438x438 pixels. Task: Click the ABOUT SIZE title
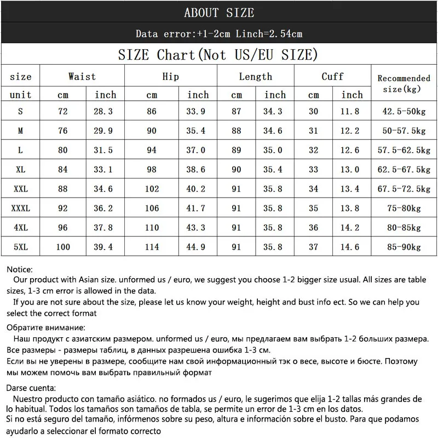[219, 13]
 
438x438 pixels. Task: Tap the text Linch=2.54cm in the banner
[269, 34]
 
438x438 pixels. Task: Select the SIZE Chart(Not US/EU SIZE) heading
[218, 55]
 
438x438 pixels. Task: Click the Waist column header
[82, 77]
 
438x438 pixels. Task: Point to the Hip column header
[171, 77]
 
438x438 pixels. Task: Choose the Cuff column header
[332, 77]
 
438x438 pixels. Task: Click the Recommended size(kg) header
[404, 83]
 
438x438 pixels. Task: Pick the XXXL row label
[21, 208]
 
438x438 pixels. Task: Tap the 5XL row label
[21, 246]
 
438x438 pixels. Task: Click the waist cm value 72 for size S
[63, 111]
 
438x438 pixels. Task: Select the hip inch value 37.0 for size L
[198, 150]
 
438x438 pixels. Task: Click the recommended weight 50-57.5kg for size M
[404, 131]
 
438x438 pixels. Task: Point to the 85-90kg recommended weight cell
[404, 246]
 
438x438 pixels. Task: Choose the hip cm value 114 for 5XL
[152, 246]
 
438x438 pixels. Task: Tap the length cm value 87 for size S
[237, 111]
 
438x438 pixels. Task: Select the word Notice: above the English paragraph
[20, 269]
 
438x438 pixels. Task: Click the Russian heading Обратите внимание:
[46, 327]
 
